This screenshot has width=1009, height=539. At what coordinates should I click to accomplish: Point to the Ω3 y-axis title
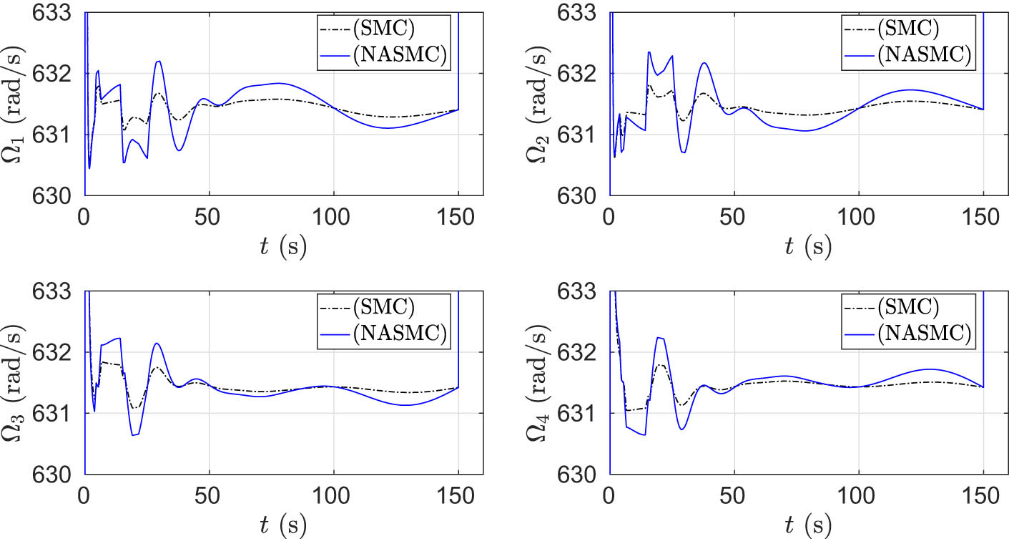click(15, 383)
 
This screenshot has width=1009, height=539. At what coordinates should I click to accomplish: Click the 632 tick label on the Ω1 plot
click(55, 74)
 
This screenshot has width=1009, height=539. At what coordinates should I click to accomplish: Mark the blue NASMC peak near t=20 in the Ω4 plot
click(659, 338)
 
